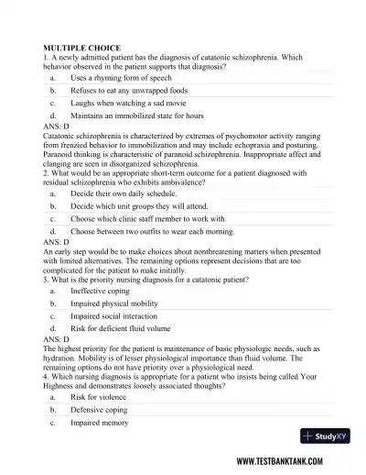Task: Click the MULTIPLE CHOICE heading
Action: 81,46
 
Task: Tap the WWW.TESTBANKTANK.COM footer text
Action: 289,461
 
